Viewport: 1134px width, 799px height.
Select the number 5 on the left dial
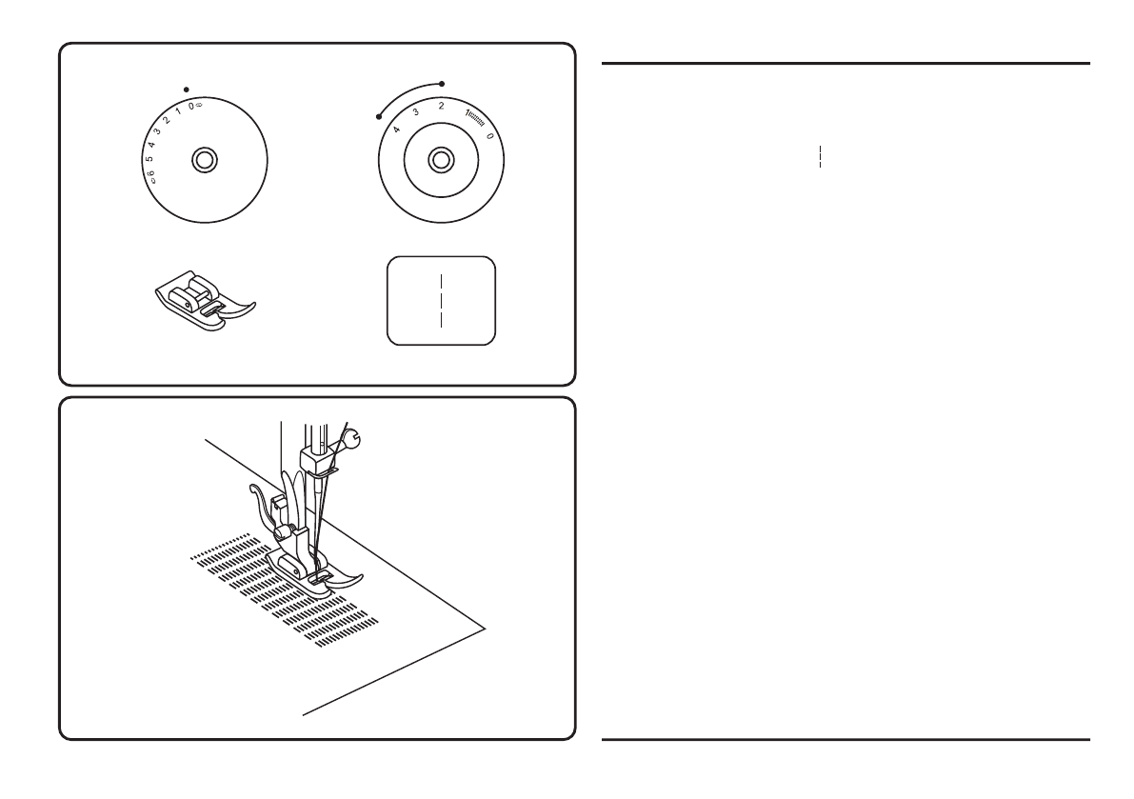(149, 158)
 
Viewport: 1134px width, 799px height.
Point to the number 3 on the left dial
(157, 131)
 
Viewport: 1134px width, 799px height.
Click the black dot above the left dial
(186, 88)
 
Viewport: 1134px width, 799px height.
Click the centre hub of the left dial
(202, 159)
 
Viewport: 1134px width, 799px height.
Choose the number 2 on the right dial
(440, 106)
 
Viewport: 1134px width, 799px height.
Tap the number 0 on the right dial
(490, 136)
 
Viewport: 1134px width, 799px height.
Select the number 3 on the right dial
(416, 112)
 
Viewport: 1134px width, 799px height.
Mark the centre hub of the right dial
(440, 159)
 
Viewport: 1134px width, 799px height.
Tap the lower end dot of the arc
(379, 118)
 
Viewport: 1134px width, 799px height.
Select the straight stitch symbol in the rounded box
(441, 300)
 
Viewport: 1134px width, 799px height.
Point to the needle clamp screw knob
(353, 439)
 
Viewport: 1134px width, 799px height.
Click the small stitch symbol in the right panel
(820, 158)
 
